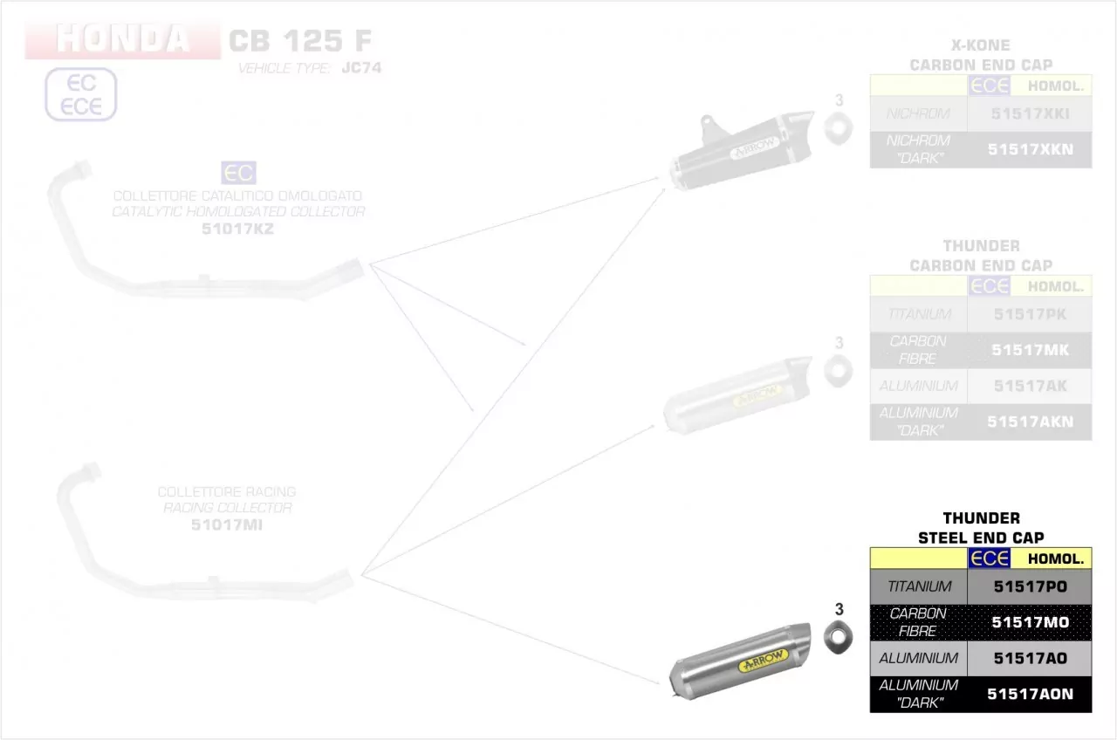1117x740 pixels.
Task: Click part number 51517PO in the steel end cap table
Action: [x=1030, y=587]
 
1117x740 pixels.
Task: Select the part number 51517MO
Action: [x=1030, y=622]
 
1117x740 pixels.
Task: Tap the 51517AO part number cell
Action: [x=1030, y=658]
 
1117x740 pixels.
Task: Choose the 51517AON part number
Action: [x=1030, y=694]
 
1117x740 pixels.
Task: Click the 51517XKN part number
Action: [x=1030, y=149]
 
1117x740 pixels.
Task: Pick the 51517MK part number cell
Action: [x=1030, y=350]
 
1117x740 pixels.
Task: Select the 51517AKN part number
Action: [x=1030, y=421]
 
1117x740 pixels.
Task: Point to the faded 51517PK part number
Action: [x=1030, y=314]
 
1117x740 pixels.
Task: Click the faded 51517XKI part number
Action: [x=1030, y=113]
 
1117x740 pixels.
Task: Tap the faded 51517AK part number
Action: [x=1030, y=386]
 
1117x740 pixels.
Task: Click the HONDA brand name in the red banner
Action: [x=122, y=40]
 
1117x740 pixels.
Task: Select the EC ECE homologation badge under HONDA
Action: [x=80, y=94]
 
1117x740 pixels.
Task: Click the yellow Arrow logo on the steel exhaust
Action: [x=763, y=661]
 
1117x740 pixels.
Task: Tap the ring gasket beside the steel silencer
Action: [x=839, y=639]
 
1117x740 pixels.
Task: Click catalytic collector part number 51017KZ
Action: [x=237, y=229]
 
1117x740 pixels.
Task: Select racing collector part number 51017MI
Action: [x=226, y=524]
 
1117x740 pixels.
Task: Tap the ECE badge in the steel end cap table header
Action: [x=989, y=558]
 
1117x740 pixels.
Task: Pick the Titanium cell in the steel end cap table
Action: [x=919, y=587]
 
